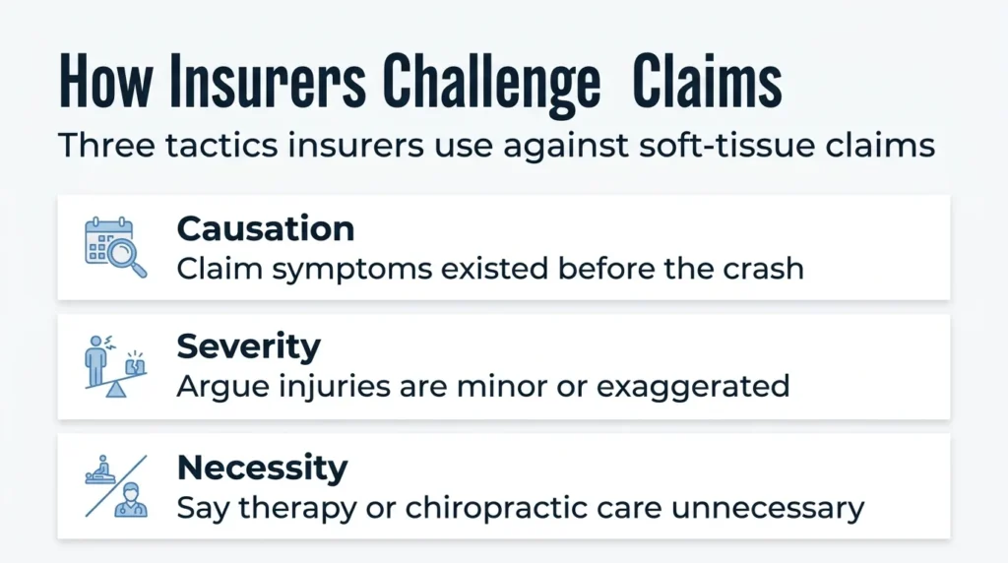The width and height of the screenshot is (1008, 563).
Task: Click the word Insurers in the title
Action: (268, 81)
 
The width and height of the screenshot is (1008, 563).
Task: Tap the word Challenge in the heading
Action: (492, 85)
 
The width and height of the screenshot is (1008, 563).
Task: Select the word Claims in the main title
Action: (707, 81)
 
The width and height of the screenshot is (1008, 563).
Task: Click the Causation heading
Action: (266, 228)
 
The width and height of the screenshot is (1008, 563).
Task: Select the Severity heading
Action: (249, 347)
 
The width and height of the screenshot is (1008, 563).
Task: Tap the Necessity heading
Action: (262, 468)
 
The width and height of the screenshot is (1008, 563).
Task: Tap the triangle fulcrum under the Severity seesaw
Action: (116, 390)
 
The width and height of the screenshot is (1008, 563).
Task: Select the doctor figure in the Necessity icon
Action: (131, 500)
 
